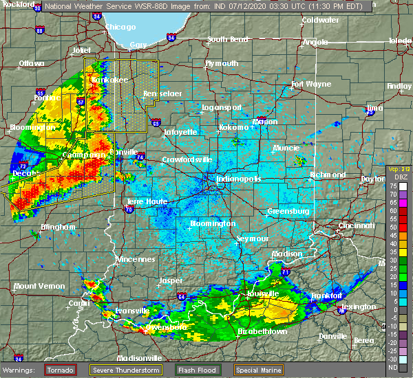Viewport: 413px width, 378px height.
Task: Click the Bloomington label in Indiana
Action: pos(213,223)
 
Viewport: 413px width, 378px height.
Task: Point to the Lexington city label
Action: pos(359,306)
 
